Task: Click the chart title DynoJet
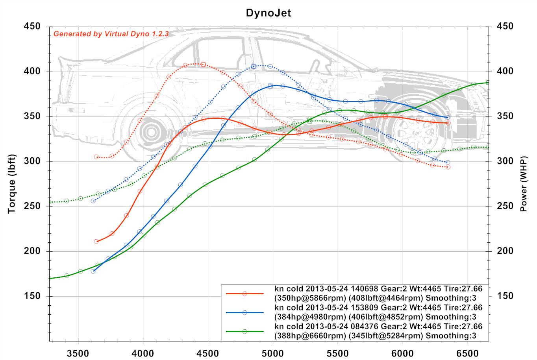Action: tap(268, 13)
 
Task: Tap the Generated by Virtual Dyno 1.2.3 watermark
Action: tap(111, 34)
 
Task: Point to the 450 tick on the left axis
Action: tap(32, 26)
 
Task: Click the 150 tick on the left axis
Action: tap(32, 296)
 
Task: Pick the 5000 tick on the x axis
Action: tap(273, 351)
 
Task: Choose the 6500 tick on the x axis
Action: tap(467, 351)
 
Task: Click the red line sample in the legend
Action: tap(244, 294)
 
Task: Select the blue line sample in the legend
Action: tap(244, 312)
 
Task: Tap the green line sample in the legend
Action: tap(244, 331)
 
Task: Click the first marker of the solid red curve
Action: tap(96, 241)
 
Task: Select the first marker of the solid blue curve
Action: tap(93, 271)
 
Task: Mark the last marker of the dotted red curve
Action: tap(448, 167)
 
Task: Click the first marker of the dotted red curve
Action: tap(96, 157)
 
